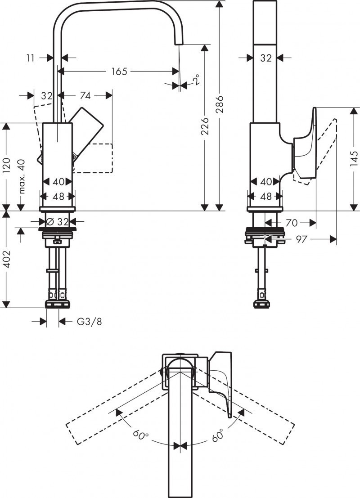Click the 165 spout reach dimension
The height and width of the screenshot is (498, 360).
coord(119,71)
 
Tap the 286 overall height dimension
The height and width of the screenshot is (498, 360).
coord(220,104)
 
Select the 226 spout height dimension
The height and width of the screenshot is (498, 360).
coord(205,126)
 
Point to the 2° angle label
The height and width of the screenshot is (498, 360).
coord(196,81)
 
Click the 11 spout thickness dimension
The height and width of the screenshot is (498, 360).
coord(31,58)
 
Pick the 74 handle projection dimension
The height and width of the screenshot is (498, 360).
coord(85,95)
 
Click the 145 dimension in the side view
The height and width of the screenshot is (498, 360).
coord(354,159)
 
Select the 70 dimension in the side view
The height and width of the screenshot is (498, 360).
coord(291,222)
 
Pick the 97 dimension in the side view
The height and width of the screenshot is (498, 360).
coord(301,239)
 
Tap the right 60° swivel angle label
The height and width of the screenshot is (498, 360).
coord(219,435)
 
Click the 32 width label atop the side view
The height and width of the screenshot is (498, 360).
coord(266,58)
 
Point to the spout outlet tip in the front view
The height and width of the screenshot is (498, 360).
coord(178,42)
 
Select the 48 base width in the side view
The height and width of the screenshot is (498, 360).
coord(266,197)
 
